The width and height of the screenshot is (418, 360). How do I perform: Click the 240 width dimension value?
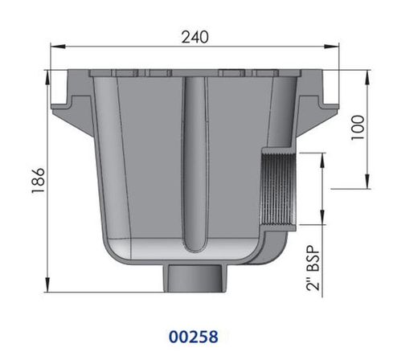tap(195, 37)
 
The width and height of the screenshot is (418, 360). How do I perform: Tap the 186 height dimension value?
tap(38, 180)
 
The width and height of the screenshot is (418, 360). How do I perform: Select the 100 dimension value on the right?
tap(358, 128)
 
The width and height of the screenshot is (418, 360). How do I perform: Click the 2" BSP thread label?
tap(313, 268)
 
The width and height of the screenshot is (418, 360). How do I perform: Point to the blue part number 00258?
tap(194, 337)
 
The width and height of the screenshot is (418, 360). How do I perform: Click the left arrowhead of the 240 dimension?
tap(58, 47)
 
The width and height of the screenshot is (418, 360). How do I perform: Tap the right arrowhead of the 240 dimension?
tap(331, 47)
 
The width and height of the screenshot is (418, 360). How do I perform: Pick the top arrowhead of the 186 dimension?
tap(47, 78)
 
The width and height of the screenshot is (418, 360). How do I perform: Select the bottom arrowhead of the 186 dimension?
tap(47, 284)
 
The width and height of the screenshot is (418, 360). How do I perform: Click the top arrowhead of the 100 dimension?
tap(367, 78)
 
